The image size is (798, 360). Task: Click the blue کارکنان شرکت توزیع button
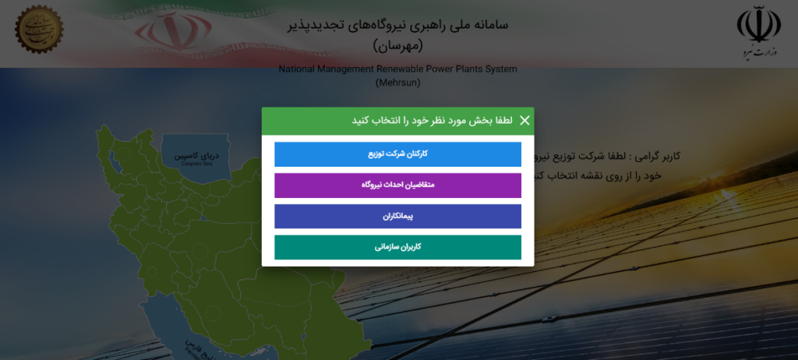pyautogui.click(x=397, y=154)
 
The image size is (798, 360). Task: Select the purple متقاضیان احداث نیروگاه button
pyautogui.click(x=397, y=185)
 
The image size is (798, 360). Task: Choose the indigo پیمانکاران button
pyautogui.click(x=397, y=217)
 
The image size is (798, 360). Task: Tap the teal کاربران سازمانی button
pyautogui.click(x=397, y=247)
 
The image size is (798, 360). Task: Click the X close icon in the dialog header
pyautogui.click(x=524, y=121)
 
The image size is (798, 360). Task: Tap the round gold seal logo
pyautogui.click(x=39, y=29)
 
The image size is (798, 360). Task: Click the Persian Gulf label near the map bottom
pyautogui.click(x=192, y=348)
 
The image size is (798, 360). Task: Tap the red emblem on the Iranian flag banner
pyautogui.click(x=170, y=30)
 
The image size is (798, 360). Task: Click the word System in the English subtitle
pyautogui.click(x=500, y=69)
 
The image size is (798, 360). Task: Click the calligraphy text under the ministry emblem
pyautogui.click(x=758, y=52)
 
